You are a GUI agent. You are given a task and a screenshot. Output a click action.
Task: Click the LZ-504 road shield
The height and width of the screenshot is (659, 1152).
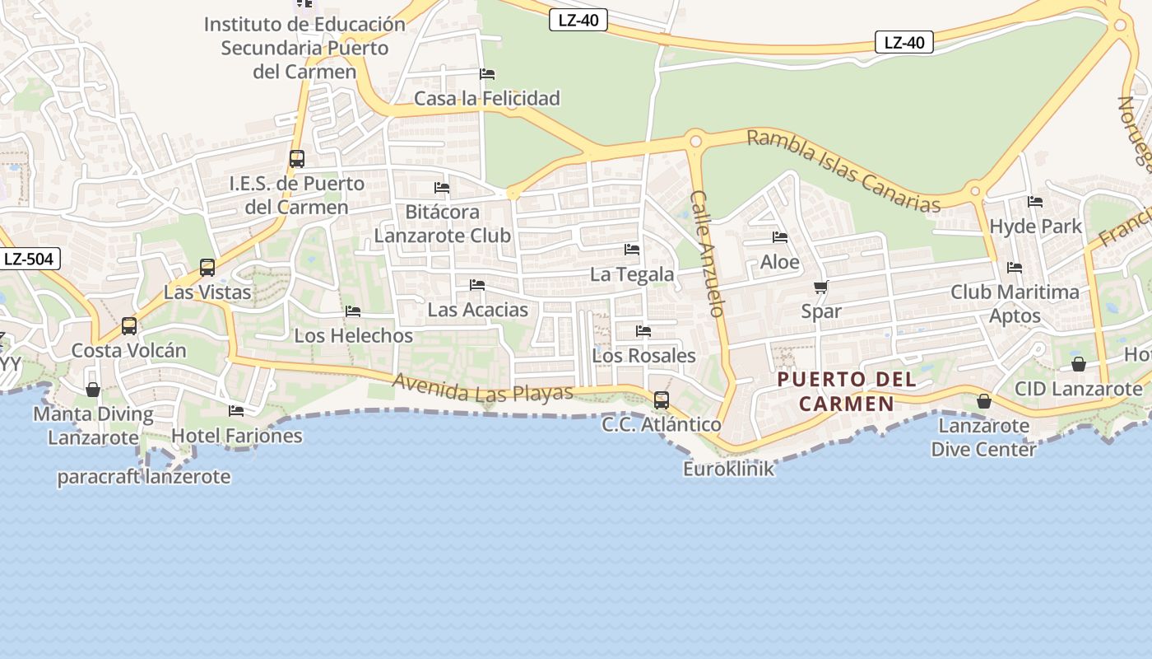(x=29, y=259)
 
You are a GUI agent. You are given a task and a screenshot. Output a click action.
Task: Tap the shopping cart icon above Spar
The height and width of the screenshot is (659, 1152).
(x=820, y=287)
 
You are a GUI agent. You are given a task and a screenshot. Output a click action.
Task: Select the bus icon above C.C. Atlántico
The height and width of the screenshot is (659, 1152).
(x=661, y=400)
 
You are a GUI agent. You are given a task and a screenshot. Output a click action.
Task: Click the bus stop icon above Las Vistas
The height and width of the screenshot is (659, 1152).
(x=207, y=267)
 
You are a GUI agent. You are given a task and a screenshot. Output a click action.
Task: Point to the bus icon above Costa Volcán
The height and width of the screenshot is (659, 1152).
(x=129, y=325)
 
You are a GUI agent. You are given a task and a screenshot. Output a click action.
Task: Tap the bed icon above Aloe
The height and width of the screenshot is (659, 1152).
(x=780, y=238)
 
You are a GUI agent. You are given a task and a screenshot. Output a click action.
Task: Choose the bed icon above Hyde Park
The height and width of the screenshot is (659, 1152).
(x=1035, y=202)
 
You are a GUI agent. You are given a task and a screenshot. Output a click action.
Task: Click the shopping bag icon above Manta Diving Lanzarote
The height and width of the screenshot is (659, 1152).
(x=93, y=389)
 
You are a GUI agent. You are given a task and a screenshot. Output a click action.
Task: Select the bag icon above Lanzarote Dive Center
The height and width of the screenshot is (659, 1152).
(x=983, y=401)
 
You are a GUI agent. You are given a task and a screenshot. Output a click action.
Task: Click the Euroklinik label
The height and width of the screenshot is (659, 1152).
(x=728, y=469)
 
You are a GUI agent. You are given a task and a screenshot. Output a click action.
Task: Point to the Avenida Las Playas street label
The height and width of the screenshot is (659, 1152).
(x=482, y=388)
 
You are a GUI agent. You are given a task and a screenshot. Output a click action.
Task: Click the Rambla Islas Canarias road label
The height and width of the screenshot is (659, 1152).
(x=843, y=171)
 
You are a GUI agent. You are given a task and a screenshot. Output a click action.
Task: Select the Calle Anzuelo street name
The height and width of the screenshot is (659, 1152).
(x=708, y=254)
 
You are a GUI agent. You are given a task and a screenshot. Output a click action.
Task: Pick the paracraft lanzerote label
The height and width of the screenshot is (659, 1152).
(x=143, y=477)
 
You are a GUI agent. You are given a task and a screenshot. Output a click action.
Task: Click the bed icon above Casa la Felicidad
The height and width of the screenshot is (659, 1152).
(x=487, y=74)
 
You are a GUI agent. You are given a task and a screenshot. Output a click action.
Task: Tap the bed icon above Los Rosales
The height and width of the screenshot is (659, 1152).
(x=643, y=331)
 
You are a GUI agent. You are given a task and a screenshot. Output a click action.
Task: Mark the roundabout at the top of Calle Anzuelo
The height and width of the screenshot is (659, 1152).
(x=695, y=142)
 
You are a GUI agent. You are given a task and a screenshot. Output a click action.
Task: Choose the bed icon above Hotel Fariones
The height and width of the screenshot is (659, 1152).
(x=236, y=410)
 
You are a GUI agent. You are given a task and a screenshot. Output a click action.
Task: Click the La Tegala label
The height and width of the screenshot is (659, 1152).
(x=632, y=274)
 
